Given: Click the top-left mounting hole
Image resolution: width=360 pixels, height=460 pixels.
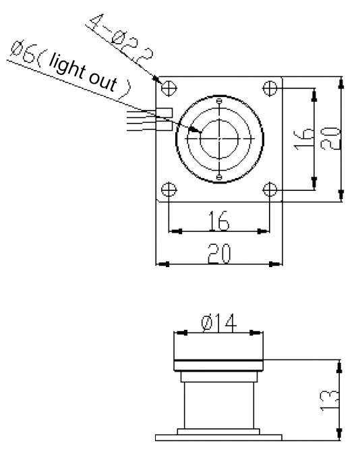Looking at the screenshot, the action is point(169,88).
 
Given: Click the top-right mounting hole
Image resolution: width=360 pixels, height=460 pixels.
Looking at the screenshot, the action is point(270,88).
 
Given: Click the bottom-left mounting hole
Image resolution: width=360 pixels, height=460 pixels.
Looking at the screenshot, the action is point(169,190).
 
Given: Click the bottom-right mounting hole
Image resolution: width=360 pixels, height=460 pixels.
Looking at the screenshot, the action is point(270,190).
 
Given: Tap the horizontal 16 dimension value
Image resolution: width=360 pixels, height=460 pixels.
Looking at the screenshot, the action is point(218,221).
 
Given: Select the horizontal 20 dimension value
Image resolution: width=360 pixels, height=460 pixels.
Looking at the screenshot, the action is point(219,254).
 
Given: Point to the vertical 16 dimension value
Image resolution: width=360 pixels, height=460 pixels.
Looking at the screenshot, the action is point(303,139).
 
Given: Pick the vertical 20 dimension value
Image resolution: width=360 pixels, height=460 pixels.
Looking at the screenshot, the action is point(331,139).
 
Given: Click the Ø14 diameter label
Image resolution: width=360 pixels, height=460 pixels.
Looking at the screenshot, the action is point(219,322).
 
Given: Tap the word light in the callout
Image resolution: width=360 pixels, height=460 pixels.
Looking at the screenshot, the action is point(67,68).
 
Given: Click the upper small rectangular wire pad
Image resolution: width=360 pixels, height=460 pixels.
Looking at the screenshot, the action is point(164,113).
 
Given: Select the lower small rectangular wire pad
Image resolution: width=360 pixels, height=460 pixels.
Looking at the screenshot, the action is point(164,126).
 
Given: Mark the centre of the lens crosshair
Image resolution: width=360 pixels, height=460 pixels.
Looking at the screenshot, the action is point(219,138).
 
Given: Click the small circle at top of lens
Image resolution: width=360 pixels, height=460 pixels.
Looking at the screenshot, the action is point(219,101).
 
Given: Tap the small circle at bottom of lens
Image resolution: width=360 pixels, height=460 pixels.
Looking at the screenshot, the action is point(219,177).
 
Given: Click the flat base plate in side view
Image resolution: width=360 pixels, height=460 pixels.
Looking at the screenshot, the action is point(218,438).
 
